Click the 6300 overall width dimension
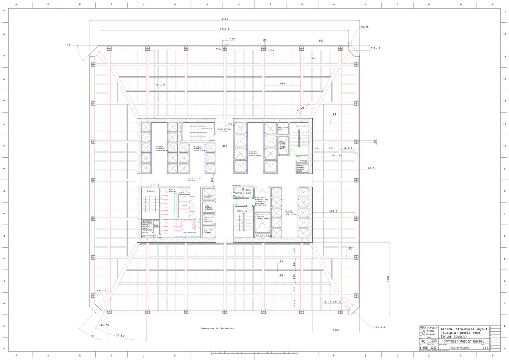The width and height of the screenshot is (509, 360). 225,19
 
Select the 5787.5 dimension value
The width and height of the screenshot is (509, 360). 225,29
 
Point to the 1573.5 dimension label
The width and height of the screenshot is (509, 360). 160,84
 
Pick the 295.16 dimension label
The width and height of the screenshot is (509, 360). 102,290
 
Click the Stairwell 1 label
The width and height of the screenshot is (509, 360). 152,191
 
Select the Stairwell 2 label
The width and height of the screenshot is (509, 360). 242,211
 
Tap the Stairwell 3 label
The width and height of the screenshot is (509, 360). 301,126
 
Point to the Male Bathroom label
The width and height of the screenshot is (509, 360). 189,232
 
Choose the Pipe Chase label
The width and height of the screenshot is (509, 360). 156,226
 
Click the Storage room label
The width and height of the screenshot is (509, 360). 303,161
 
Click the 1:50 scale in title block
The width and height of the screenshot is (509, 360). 423,347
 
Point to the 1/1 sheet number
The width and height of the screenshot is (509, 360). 484,347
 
